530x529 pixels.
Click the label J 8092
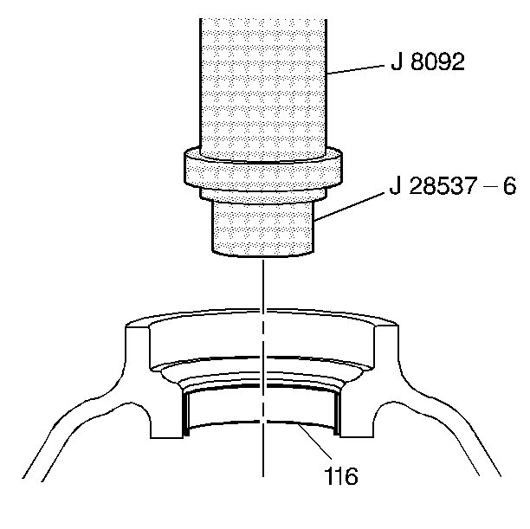(x=428, y=61)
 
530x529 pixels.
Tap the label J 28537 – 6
(x=453, y=185)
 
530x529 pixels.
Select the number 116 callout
(x=340, y=476)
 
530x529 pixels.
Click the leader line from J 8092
(x=356, y=69)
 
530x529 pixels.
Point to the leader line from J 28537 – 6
(x=349, y=207)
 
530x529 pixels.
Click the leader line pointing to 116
(x=314, y=440)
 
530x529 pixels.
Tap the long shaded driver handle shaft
(x=263, y=88)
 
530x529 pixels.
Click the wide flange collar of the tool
(x=263, y=172)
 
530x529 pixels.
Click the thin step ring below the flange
(x=263, y=196)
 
